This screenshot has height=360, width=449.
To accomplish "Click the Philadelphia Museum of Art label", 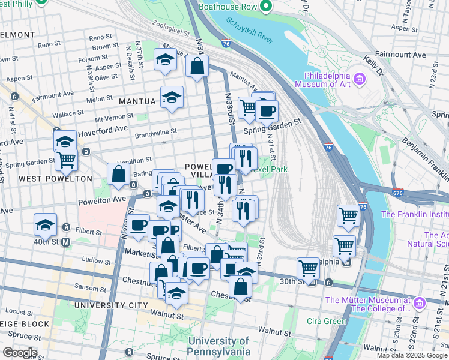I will pyautogui.click(x=327, y=80).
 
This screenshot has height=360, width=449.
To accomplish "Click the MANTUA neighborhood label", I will pyautogui.click(x=137, y=101).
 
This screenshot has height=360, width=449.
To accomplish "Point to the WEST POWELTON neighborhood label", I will pyautogui.click(x=55, y=179).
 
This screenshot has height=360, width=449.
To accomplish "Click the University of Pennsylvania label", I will pyautogui.click(x=218, y=346).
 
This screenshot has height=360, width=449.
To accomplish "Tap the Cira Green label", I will pyautogui.click(x=328, y=321).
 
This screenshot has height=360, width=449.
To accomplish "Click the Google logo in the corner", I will pyautogui.click(x=19, y=353).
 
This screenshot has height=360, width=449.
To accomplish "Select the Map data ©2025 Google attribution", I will pyautogui.click(x=411, y=355).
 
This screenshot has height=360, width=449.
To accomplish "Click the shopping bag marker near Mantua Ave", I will pyautogui.click(x=197, y=67).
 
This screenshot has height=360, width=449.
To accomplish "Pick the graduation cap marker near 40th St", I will pyautogui.click(x=45, y=225).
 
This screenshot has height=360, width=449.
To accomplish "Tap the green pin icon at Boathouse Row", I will pyautogui.click(x=266, y=8).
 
